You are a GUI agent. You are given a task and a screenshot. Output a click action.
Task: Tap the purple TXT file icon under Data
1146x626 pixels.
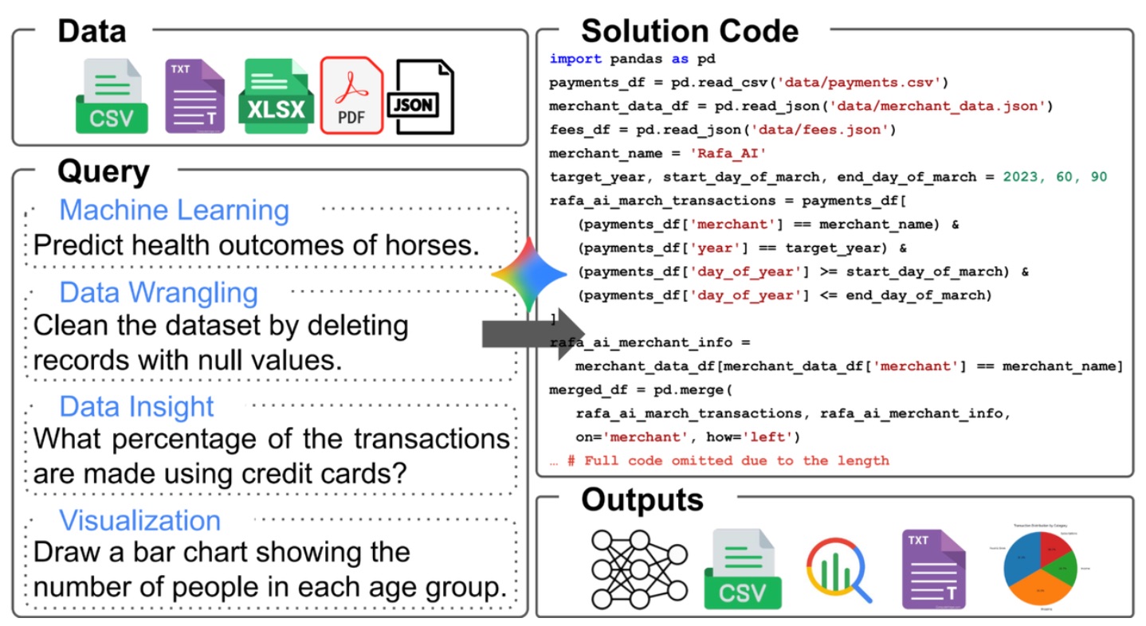pos(194,96)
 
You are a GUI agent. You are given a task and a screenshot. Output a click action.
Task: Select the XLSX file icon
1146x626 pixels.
pos(275,96)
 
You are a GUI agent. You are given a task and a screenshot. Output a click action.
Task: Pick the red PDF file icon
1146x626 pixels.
pos(351,96)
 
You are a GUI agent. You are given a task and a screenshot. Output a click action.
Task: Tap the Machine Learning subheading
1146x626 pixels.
pos(174,210)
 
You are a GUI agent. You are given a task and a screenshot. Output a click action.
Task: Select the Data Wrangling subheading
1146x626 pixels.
pos(159,292)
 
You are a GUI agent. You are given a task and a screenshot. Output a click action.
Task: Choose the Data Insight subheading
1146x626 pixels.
pos(137,406)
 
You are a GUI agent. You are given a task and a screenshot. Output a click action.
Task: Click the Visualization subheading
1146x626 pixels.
pos(140,520)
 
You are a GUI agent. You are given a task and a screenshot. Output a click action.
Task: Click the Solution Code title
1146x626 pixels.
pos(689,32)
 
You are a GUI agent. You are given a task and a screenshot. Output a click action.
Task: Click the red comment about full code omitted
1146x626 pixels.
pos(720,460)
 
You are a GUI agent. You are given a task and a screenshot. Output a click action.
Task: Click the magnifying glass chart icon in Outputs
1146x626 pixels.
pos(839,570)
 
